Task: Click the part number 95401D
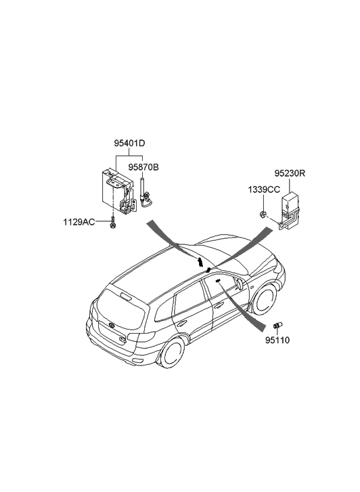(x=129, y=143)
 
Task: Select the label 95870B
(x=143, y=167)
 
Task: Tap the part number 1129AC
(x=79, y=222)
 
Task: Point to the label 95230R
(x=290, y=173)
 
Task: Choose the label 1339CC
(x=264, y=189)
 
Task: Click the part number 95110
(x=277, y=340)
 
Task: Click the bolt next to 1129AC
(x=112, y=223)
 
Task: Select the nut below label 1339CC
(x=263, y=215)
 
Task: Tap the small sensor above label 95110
(x=277, y=325)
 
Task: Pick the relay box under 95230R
(x=290, y=209)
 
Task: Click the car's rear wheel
(x=173, y=353)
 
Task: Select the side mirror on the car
(x=239, y=284)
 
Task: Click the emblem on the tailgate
(x=112, y=325)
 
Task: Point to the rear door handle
(x=182, y=323)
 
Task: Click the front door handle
(x=218, y=305)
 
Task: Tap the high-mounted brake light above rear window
(x=125, y=296)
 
